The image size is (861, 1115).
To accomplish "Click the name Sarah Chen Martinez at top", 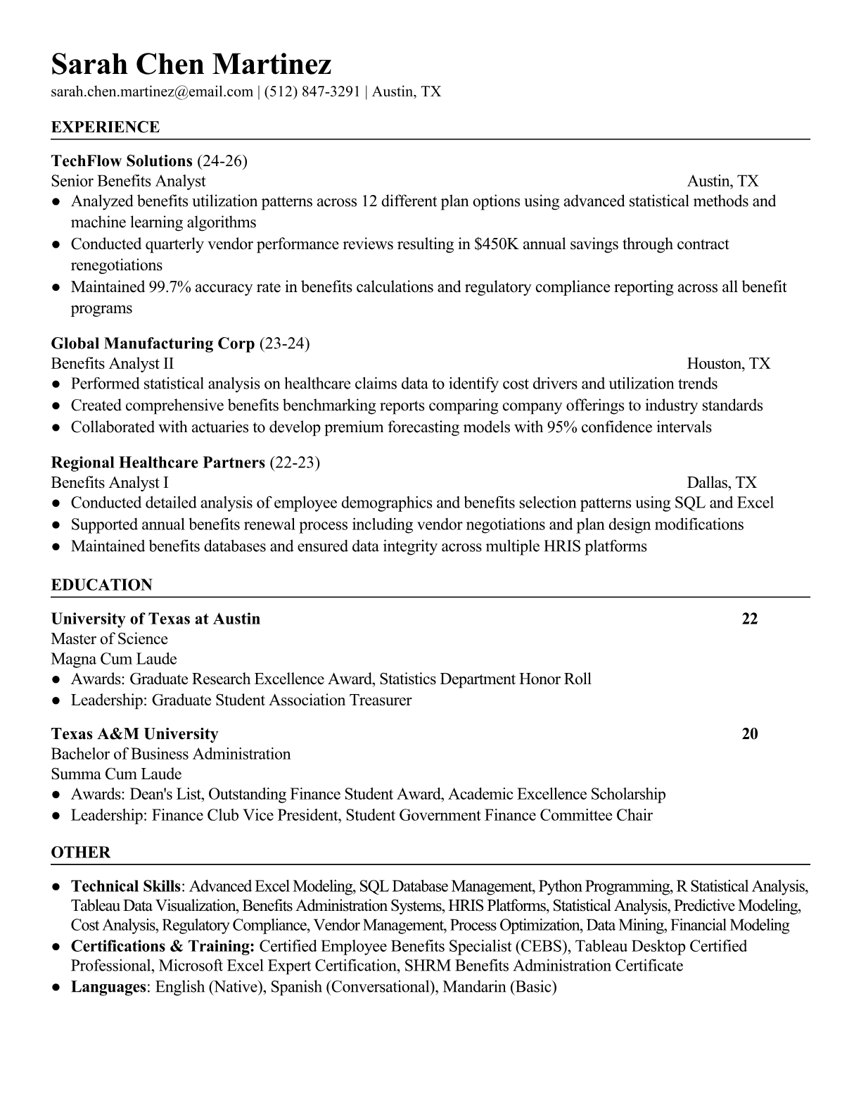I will click(x=191, y=65).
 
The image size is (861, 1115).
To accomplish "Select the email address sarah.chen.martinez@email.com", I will click(x=152, y=92).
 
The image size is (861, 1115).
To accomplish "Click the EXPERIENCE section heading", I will click(x=106, y=127).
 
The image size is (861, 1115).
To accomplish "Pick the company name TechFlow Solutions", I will click(x=122, y=161).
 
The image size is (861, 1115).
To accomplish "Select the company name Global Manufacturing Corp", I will click(x=153, y=344).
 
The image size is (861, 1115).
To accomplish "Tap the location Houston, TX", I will click(x=728, y=364).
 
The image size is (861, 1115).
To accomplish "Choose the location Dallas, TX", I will click(x=722, y=483).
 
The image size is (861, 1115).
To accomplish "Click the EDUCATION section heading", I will click(x=102, y=585).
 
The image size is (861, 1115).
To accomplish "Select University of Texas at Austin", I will click(x=155, y=619).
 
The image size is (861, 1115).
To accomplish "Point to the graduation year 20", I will click(x=750, y=734).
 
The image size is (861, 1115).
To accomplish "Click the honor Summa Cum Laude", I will click(x=116, y=774).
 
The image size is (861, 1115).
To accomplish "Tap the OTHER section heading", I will click(x=81, y=852).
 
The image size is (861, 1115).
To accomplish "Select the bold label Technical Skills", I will click(x=127, y=886).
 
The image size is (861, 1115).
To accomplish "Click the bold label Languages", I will click(x=108, y=987).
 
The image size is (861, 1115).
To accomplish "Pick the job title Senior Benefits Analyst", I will click(x=128, y=182).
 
